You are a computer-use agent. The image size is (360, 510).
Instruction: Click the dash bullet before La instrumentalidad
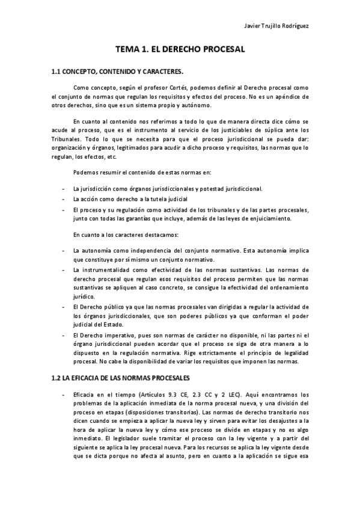tap(63, 271)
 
